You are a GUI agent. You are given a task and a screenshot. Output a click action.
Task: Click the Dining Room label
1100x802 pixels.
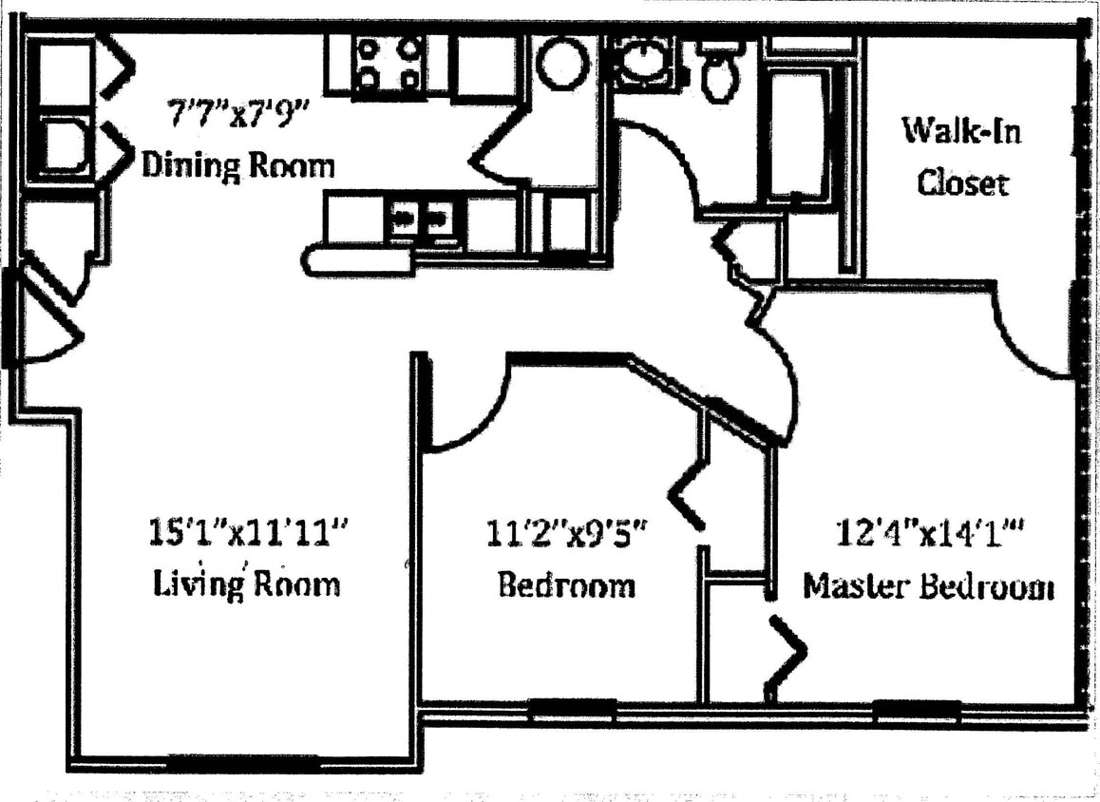pyautogui.click(x=238, y=165)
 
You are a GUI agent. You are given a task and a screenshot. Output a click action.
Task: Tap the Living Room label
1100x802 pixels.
pyautogui.click(x=246, y=582)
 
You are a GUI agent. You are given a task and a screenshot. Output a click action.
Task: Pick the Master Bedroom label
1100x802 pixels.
pyautogui.click(x=928, y=585)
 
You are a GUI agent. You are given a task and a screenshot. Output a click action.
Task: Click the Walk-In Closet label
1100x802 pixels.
pyautogui.click(x=961, y=156)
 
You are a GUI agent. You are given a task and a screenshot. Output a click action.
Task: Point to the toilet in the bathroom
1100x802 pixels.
pyautogui.click(x=720, y=73)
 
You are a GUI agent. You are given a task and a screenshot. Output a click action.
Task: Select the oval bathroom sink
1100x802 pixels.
pyautogui.click(x=641, y=63)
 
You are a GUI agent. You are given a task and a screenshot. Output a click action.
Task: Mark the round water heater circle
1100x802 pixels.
pyautogui.click(x=564, y=63)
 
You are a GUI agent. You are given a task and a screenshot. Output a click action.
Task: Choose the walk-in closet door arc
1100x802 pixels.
pyautogui.click(x=1031, y=333)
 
